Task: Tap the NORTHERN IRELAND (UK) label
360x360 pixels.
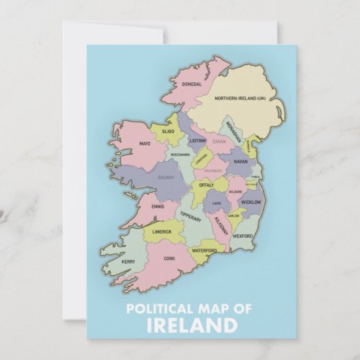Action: (x=239, y=98)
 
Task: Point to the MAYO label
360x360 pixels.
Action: (x=145, y=144)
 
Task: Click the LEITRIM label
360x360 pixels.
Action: (x=197, y=141)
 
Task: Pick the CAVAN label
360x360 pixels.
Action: (x=219, y=142)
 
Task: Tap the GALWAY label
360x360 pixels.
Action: (x=166, y=177)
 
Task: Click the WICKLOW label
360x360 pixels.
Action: (x=251, y=202)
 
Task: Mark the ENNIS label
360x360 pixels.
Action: (x=158, y=206)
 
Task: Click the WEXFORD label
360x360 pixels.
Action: (x=242, y=236)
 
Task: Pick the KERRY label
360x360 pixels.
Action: (x=128, y=262)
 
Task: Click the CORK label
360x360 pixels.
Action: (x=169, y=259)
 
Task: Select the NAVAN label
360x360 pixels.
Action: (x=240, y=162)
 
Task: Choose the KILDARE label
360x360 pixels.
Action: (x=234, y=192)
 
